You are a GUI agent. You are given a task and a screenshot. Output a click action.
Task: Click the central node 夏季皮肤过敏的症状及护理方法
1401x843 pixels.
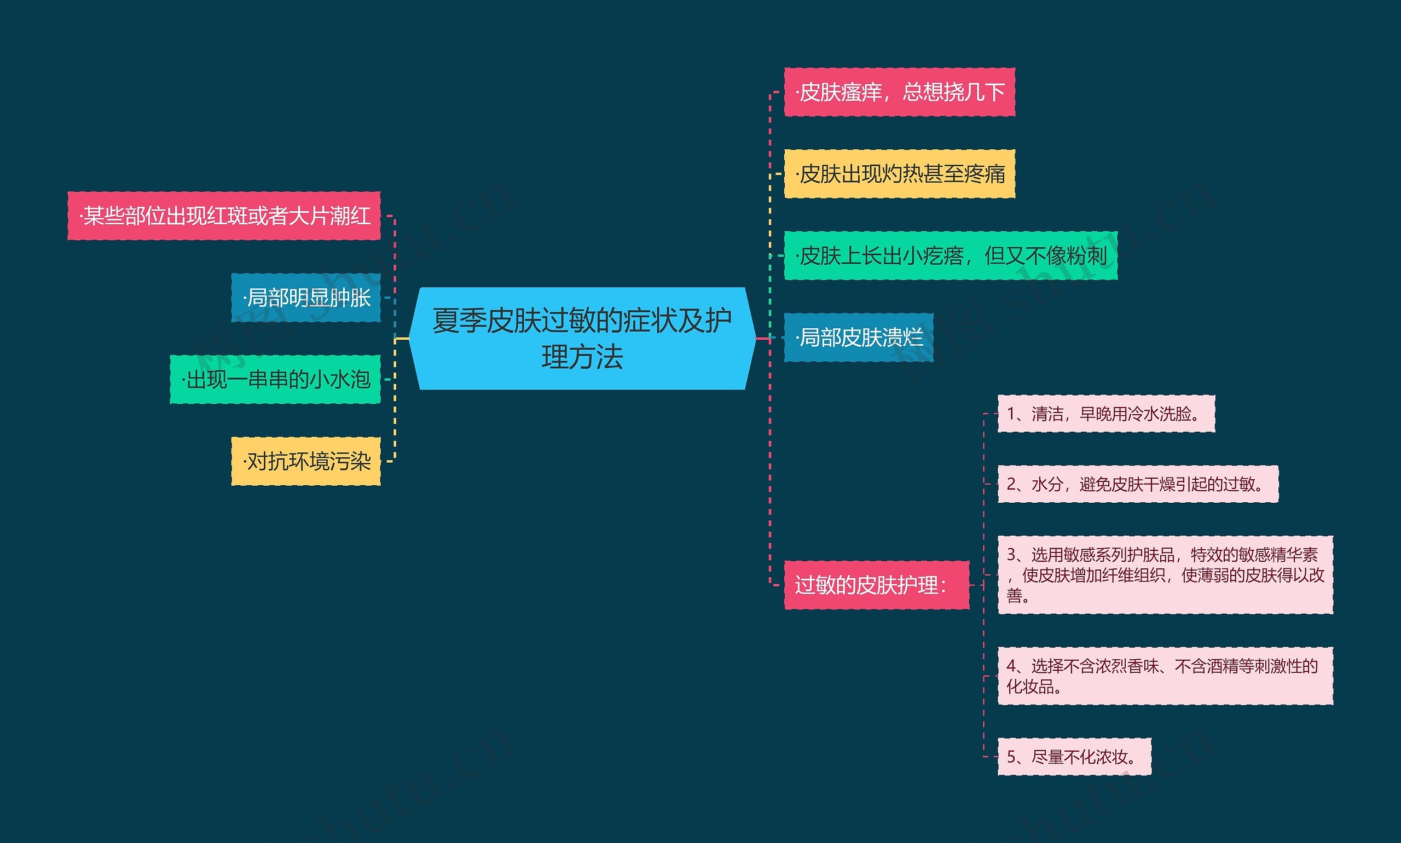click(x=582, y=339)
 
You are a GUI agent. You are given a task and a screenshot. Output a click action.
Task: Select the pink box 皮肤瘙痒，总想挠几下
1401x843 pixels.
click(x=899, y=92)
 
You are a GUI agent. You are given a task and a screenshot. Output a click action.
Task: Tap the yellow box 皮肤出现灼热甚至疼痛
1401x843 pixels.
click(x=899, y=174)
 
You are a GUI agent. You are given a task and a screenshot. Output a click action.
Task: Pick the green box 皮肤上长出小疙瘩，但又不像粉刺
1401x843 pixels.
click(x=950, y=255)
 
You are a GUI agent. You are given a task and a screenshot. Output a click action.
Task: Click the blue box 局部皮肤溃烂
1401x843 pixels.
click(x=858, y=338)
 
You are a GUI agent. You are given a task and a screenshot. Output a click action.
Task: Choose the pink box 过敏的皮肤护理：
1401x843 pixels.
click(x=876, y=585)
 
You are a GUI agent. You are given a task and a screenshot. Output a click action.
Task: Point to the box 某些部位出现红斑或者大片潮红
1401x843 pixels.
click(x=224, y=216)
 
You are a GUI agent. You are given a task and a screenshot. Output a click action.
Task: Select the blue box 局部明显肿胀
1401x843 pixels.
click(x=306, y=298)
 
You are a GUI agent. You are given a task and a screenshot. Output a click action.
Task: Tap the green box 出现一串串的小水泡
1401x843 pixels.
click(x=275, y=380)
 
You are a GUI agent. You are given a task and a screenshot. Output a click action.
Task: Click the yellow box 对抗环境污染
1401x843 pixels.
click(x=306, y=461)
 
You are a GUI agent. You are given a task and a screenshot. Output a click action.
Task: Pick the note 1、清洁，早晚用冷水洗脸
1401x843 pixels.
click(x=1105, y=414)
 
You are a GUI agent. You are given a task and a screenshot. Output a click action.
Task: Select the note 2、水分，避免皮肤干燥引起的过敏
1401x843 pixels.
click(x=1137, y=484)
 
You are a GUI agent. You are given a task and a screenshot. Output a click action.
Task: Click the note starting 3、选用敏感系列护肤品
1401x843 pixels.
click(x=1165, y=574)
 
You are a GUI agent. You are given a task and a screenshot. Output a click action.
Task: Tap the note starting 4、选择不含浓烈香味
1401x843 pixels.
click(x=1165, y=676)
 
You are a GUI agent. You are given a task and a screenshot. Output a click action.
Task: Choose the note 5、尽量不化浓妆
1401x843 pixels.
click(x=1074, y=757)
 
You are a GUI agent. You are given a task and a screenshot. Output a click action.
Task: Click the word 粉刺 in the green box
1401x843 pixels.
click(x=1086, y=255)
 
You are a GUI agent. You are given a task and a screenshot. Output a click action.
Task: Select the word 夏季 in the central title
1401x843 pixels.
click(x=459, y=321)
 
